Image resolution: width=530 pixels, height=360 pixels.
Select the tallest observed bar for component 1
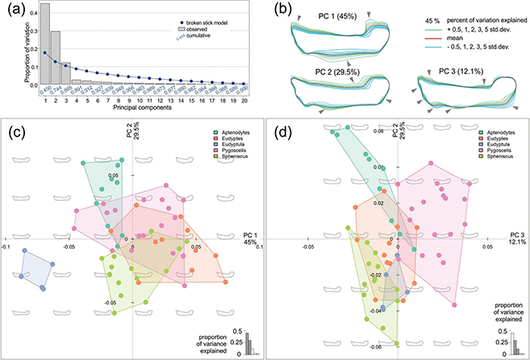tap(45, 48)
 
